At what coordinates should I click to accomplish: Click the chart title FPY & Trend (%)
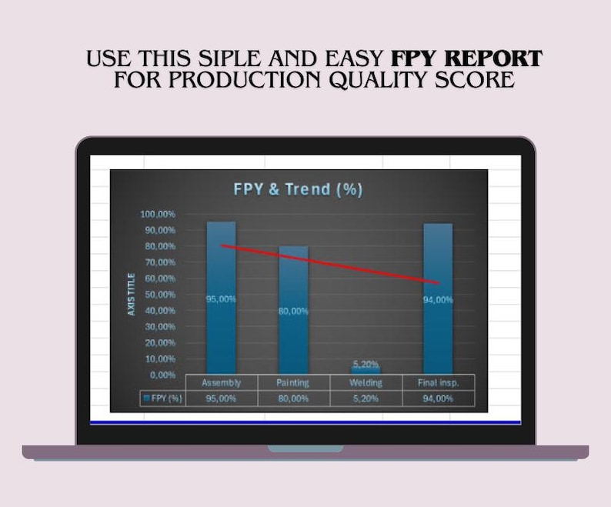click(298, 189)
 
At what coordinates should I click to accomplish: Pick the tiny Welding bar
click(366, 371)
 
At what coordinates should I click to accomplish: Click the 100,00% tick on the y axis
click(158, 214)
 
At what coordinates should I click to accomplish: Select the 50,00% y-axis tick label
click(159, 295)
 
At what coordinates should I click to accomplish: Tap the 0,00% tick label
click(162, 375)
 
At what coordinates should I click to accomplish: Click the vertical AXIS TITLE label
click(132, 294)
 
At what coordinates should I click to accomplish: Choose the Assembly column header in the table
click(221, 382)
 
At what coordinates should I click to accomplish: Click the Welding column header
click(366, 382)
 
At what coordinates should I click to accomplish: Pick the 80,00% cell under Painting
click(292, 399)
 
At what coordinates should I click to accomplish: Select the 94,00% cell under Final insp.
click(438, 399)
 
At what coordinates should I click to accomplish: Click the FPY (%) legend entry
click(162, 399)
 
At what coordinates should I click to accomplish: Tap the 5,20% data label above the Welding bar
click(366, 363)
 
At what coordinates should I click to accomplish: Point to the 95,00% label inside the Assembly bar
click(221, 299)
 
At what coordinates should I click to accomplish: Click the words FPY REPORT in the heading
click(466, 58)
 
